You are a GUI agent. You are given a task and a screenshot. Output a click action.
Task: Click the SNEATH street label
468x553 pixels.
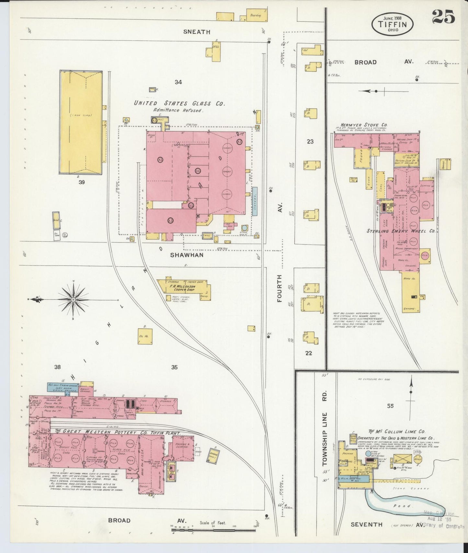click(x=197, y=32)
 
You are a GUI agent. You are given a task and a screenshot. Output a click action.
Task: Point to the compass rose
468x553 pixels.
click(x=74, y=300)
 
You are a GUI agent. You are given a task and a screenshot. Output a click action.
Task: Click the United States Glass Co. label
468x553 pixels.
click(x=179, y=103)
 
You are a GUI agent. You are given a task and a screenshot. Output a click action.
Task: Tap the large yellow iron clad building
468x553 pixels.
click(x=81, y=122)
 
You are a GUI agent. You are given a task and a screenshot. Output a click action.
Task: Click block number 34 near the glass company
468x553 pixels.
click(x=178, y=82)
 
